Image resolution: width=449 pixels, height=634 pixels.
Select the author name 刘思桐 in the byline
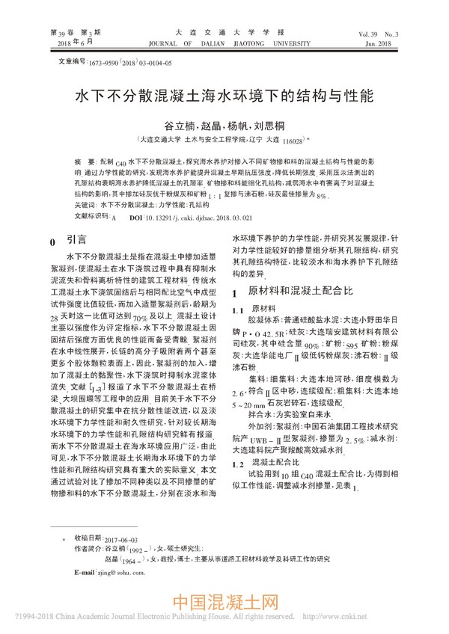[271, 126]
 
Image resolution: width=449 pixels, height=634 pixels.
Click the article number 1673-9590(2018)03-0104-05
[130, 64]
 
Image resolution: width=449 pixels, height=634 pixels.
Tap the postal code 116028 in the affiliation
[291, 141]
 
